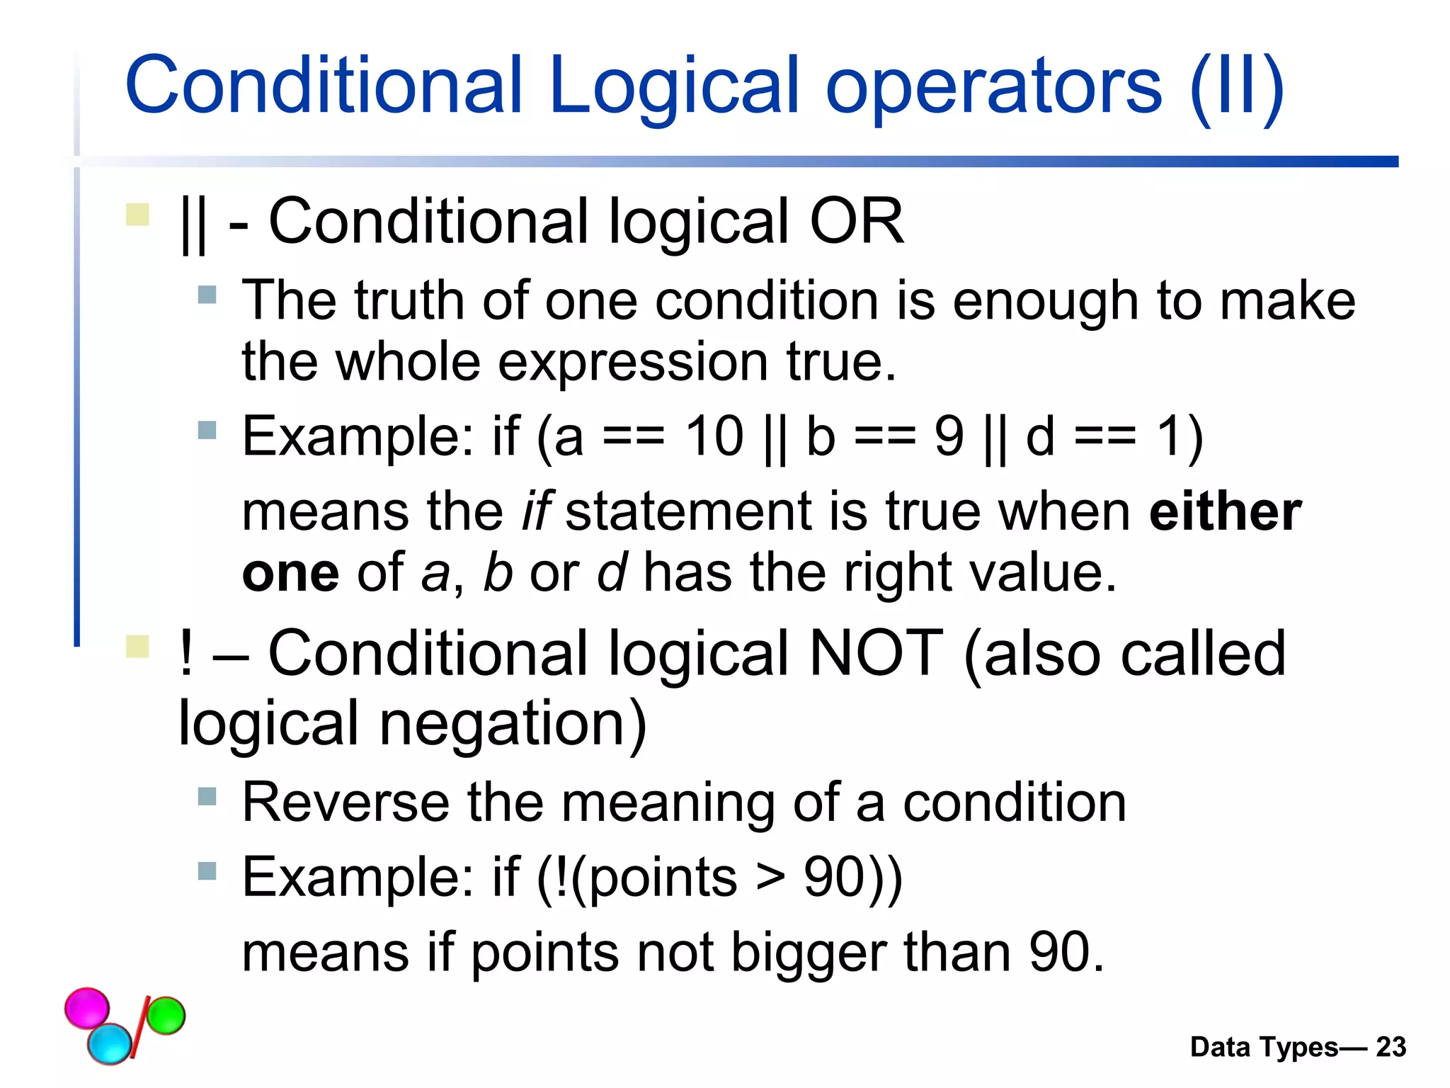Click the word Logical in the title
[673, 86]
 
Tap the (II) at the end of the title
[1236, 86]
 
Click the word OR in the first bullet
[856, 222]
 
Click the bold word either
[1225, 511]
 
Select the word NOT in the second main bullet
[876, 653]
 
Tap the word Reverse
[346, 803]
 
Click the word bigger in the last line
[808, 953]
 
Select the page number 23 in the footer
[1391, 1047]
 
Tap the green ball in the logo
[166, 1015]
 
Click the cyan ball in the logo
[110, 1043]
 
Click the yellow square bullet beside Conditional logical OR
[137, 215]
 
